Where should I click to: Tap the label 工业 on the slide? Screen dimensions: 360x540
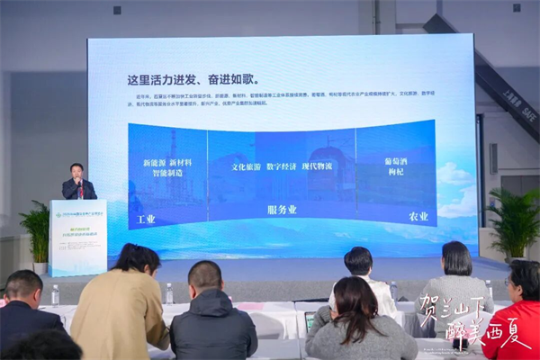click(x=145, y=219)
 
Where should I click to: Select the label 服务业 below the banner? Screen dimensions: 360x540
click(x=283, y=211)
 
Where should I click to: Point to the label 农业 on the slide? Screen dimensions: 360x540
click(x=418, y=217)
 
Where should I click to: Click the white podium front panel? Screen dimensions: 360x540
click(x=77, y=237)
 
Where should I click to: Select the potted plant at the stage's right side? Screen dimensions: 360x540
click(x=515, y=223)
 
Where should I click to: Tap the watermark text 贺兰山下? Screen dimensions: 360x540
click(x=449, y=310)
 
